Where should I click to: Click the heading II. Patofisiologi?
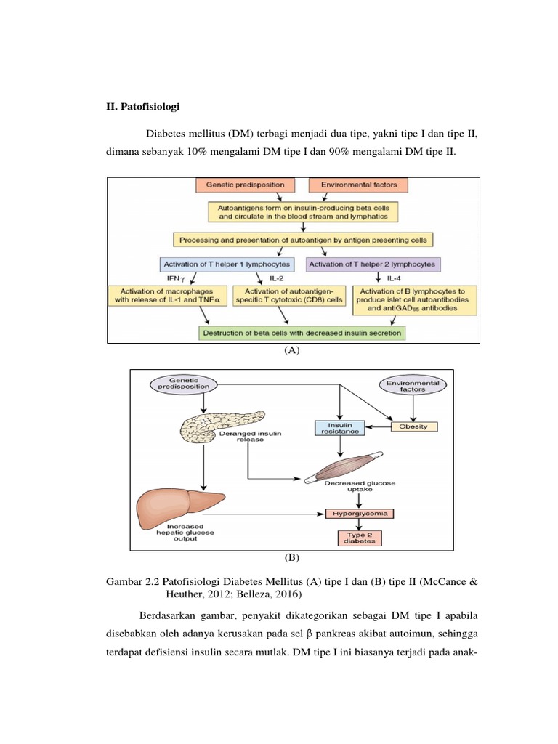pos(143,106)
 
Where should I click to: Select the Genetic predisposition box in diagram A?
pos(246,185)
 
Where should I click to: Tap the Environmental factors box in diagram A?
pos(358,185)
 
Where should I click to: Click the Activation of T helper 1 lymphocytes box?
pos(227,264)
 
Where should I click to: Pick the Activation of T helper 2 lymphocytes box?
pos(373,264)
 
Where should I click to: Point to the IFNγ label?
pos(176,278)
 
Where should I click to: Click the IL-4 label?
pos(394,278)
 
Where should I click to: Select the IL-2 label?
pos(277,278)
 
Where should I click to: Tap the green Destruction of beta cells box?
pos(302,333)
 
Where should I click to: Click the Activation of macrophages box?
pos(167,296)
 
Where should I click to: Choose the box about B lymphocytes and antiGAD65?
pos(415,300)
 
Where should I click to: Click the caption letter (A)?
pos(292,350)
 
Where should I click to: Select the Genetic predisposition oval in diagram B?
pos(184,384)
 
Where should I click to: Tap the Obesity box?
pos(413,426)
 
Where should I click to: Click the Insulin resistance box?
pos(340,428)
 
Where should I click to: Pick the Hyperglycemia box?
pos(360,514)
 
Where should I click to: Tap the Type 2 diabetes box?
pos(360,538)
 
